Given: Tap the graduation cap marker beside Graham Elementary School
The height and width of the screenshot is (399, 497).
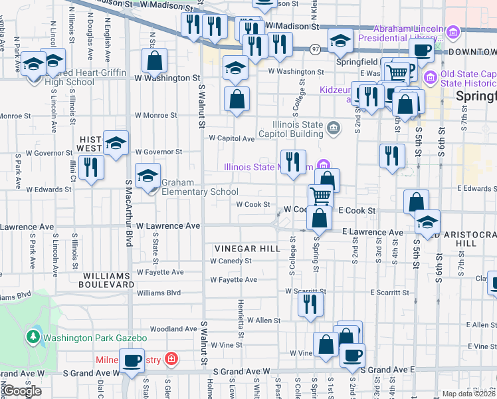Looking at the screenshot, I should (148, 176).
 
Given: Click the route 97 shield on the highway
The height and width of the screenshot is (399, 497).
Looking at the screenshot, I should (316, 49).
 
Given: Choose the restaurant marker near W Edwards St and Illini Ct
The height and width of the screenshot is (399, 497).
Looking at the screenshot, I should (91, 167).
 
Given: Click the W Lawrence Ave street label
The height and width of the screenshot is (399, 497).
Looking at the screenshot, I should (168, 226).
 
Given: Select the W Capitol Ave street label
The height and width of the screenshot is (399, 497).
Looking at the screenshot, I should (232, 139).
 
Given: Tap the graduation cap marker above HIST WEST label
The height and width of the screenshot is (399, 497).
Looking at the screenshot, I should (116, 142).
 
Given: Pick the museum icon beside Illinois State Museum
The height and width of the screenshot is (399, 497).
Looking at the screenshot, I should (323, 166).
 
